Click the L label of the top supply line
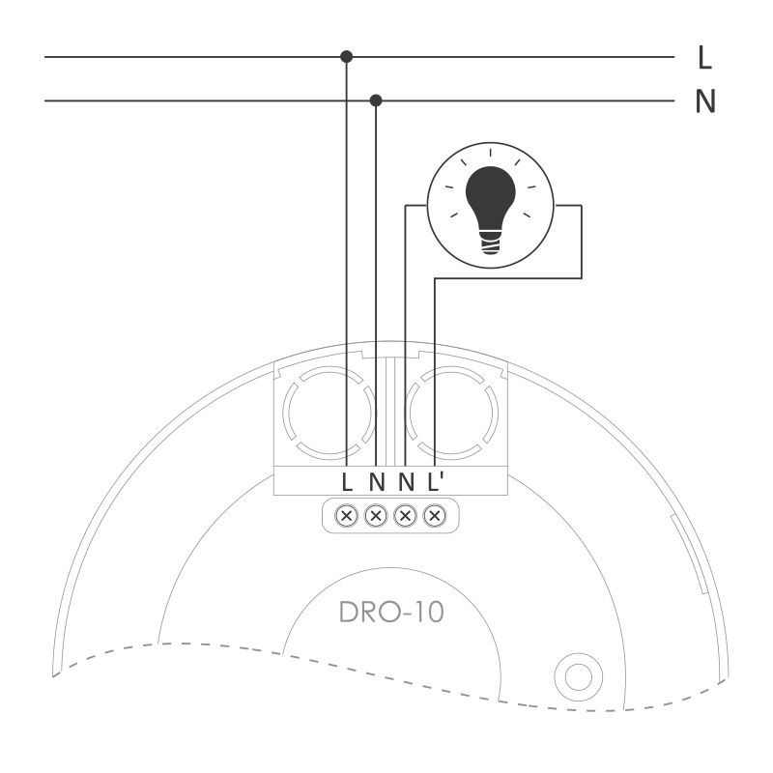tap(705, 57)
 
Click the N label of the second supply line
tap(705, 101)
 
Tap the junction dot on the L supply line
tap(347, 57)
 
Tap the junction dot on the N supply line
tap(376, 100)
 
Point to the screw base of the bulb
tap(490, 243)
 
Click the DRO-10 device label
tap(392, 613)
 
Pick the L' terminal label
tap(436, 481)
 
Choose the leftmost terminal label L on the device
tap(347, 481)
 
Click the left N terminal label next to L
tap(377, 481)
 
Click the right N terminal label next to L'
tap(406, 481)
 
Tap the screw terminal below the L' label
tap(435, 516)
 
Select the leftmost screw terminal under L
tap(347, 516)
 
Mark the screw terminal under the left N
tap(376, 516)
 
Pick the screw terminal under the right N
tap(405, 516)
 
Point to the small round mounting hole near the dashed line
tap(578, 677)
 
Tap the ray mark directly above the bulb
tap(491, 153)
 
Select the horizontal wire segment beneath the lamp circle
tap(508, 278)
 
